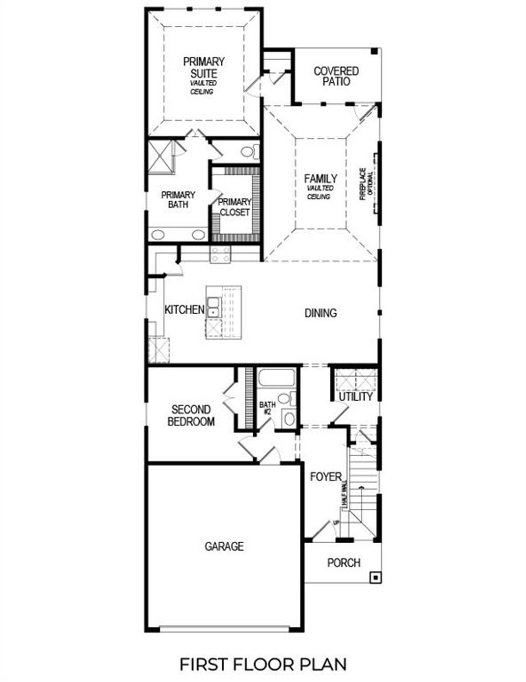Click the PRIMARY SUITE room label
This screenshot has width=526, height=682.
[204, 68]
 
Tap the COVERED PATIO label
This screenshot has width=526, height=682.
[336, 76]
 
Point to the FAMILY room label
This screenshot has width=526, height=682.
[321, 179]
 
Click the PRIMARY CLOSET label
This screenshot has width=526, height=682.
[235, 207]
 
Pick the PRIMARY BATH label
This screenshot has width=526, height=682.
[178, 200]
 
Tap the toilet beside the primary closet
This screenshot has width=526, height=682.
[248, 152]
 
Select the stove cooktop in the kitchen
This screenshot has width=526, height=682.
[221, 255]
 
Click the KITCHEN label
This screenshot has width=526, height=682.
[184, 310]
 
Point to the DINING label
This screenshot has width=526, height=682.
[321, 313]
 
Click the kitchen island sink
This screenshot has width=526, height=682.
[213, 307]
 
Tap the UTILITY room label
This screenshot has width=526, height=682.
[355, 397]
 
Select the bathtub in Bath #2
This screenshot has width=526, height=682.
[276, 379]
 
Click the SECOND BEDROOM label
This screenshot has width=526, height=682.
[191, 416]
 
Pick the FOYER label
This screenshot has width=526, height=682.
[326, 477]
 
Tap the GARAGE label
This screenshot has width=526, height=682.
[224, 546]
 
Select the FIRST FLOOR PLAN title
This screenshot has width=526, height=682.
[263, 664]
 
